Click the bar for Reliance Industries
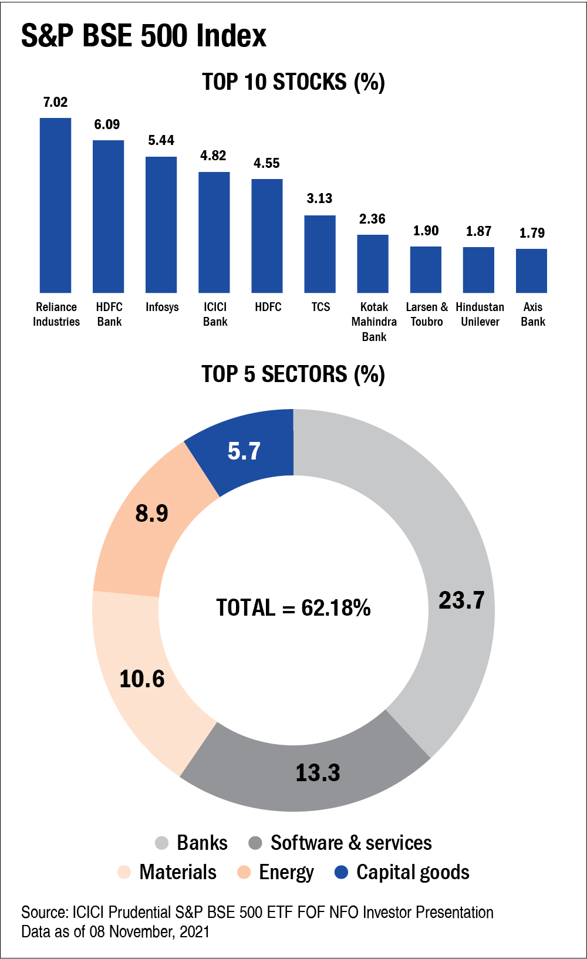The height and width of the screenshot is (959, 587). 55,205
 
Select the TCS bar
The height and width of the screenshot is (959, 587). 320,254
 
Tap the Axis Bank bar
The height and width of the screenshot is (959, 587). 531,271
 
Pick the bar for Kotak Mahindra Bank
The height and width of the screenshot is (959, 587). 373,264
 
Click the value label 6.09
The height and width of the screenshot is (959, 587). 107,124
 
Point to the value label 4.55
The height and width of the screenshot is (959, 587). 266,163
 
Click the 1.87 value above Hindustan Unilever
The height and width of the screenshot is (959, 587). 478,231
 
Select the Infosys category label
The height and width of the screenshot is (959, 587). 162,307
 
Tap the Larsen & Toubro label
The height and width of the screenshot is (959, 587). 427,314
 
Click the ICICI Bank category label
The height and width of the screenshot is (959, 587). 215,314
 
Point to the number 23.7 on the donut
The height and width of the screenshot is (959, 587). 461,600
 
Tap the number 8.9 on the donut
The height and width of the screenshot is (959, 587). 151,513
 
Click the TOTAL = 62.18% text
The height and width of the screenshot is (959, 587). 293,607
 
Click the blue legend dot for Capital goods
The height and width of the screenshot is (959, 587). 341,872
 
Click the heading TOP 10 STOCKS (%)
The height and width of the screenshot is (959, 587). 293,82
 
